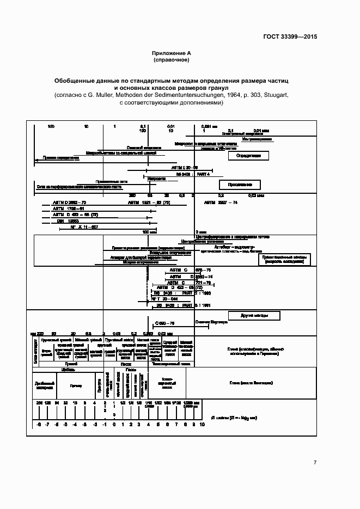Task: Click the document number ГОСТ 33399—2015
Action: click(290, 37)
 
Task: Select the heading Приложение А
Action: click(172, 53)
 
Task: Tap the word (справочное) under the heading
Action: click(172, 60)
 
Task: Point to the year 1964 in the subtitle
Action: click(216, 95)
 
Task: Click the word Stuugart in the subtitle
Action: click(271, 95)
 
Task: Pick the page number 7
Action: click(315, 462)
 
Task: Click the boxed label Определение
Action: click(248, 156)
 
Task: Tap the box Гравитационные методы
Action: click(286, 259)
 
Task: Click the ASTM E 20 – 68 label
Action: click(185, 167)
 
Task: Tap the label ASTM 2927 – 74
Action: click(221, 203)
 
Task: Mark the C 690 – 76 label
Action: click(164, 323)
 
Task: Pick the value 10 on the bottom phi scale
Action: click(202, 424)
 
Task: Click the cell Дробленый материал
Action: click(44, 385)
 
